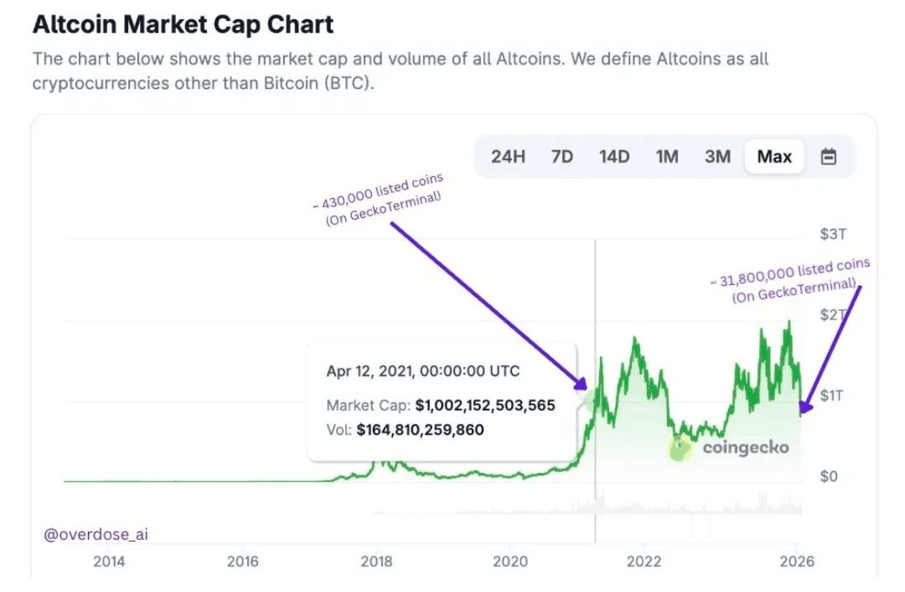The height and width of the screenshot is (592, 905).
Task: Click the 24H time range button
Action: [x=508, y=157]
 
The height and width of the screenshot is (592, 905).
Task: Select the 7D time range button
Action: [x=561, y=157]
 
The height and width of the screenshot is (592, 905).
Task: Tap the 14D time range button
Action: [x=614, y=157]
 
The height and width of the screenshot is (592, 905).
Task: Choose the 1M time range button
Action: [x=667, y=157]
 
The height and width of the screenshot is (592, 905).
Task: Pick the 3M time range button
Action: [x=717, y=157]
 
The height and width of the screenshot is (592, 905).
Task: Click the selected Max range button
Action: [x=774, y=157]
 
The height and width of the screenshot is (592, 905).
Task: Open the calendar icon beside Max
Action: [x=829, y=157]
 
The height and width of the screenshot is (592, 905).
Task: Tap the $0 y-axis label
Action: [x=828, y=476]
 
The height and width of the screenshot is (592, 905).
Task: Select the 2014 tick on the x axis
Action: [x=109, y=562]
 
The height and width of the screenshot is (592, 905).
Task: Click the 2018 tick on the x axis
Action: [x=376, y=562]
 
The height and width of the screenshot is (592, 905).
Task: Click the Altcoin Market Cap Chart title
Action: [x=183, y=24]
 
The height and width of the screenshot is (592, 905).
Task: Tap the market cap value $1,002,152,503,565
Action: [x=485, y=405]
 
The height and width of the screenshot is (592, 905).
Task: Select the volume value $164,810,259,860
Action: [x=420, y=430]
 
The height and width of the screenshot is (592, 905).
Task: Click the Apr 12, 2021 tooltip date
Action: [x=423, y=371]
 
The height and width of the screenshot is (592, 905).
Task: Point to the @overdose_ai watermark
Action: [x=96, y=534]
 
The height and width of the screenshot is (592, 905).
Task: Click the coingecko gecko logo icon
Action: [x=681, y=449]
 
